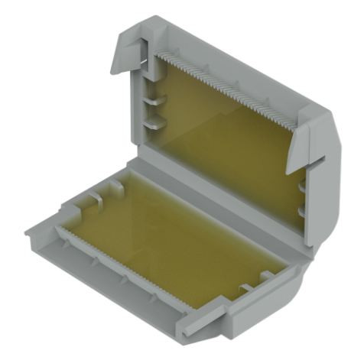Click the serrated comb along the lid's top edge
pos(229,84)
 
